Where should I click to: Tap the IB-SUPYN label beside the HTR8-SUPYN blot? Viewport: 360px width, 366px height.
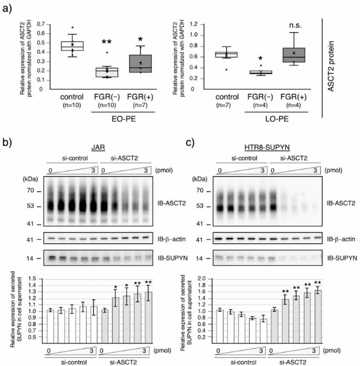[x=336, y=259]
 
